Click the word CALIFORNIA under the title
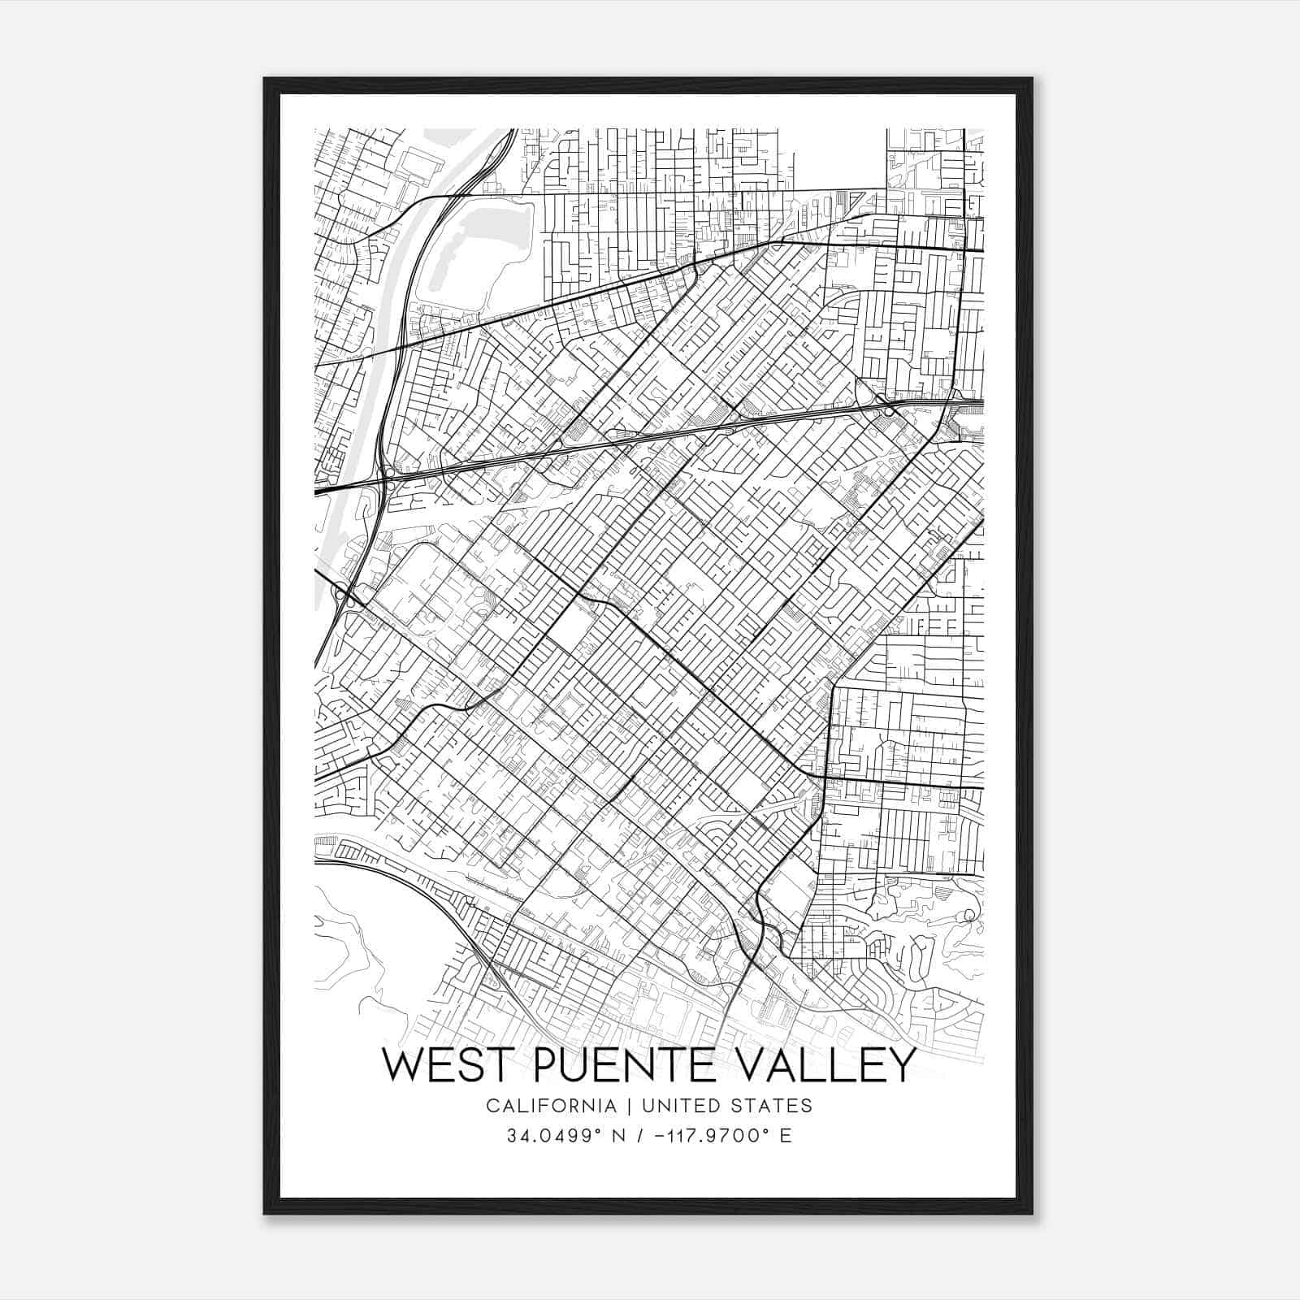551,1106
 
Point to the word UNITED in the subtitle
674,1106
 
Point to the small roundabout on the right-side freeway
890,411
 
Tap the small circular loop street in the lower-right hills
968,916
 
